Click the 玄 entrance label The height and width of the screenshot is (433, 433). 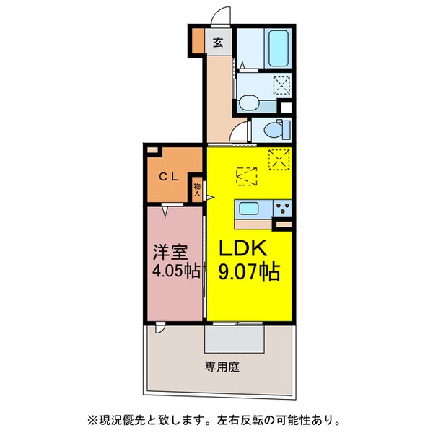coord(217,43)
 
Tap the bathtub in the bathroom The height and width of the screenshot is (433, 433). coord(278,48)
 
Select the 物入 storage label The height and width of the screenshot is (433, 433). coord(197,189)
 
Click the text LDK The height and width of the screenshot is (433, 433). coord(245,248)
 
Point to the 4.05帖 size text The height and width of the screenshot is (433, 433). coord(175,273)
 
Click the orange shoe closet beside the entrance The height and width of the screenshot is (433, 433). coord(197,40)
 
